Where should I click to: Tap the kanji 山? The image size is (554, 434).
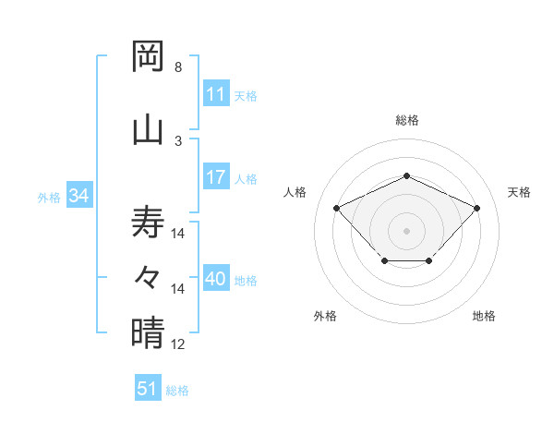(148, 128)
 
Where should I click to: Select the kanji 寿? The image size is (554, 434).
(148, 222)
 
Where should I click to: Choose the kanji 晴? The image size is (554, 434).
(148, 332)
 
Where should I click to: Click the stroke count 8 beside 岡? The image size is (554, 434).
(177, 67)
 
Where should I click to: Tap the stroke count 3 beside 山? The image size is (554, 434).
(177, 140)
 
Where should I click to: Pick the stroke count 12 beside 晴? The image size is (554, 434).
(178, 344)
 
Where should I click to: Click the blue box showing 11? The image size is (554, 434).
(215, 94)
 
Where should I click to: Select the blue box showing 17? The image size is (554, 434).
(215, 177)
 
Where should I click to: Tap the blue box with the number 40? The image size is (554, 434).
(215, 279)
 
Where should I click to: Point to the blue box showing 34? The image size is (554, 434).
(78, 196)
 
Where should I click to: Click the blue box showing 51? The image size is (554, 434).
(147, 389)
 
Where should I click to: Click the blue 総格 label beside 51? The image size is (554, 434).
(177, 391)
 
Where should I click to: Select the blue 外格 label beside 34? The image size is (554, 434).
(49, 197)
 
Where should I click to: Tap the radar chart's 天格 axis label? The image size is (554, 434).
(519, 192)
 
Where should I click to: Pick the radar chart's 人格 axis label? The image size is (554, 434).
(295, 192)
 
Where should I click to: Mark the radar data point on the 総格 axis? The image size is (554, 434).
(406, 175)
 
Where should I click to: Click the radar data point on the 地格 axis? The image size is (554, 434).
(429, 262)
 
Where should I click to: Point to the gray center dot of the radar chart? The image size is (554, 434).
(406, 230)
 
